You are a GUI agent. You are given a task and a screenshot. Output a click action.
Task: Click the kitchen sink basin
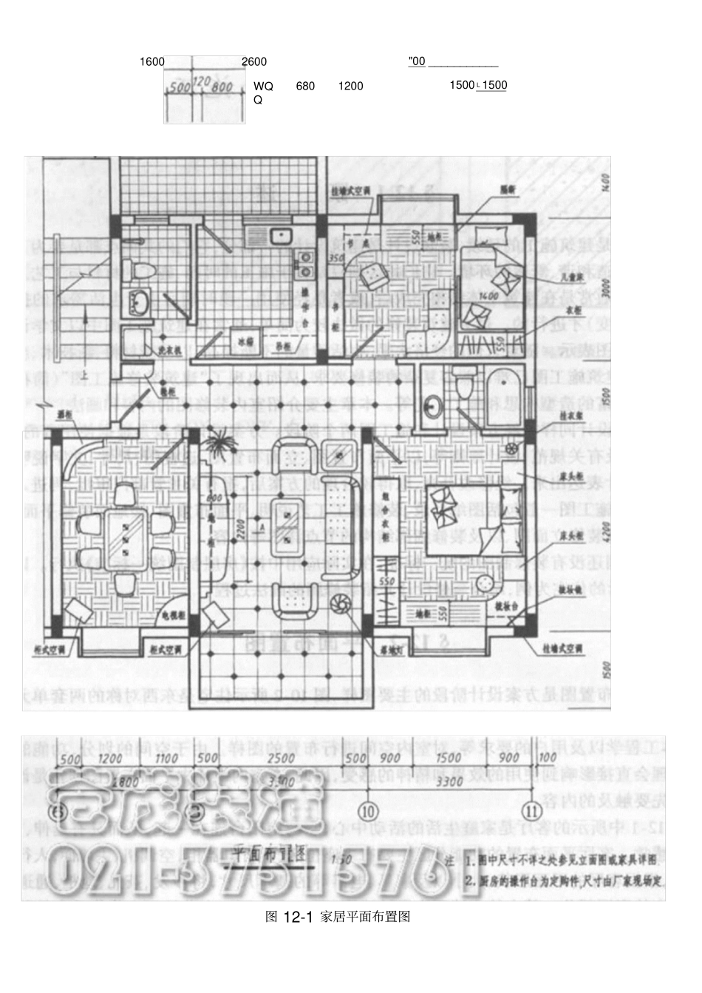coord(281,236)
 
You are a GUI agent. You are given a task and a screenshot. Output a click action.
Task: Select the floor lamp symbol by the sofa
coord(341,605)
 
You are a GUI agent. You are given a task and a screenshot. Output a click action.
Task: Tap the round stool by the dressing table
coord(484,580)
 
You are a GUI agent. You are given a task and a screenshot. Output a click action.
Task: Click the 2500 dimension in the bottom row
coord(282,759)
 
